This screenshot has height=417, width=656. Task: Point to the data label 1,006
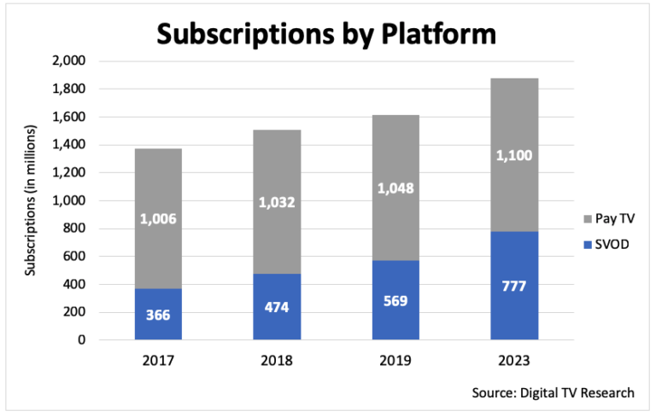[x=158, y=220]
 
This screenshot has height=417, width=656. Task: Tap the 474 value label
[x=276, y=306]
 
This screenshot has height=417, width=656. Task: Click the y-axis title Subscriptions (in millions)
[x=31, y=200]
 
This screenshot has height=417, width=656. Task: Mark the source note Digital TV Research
[x=553, y=392]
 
